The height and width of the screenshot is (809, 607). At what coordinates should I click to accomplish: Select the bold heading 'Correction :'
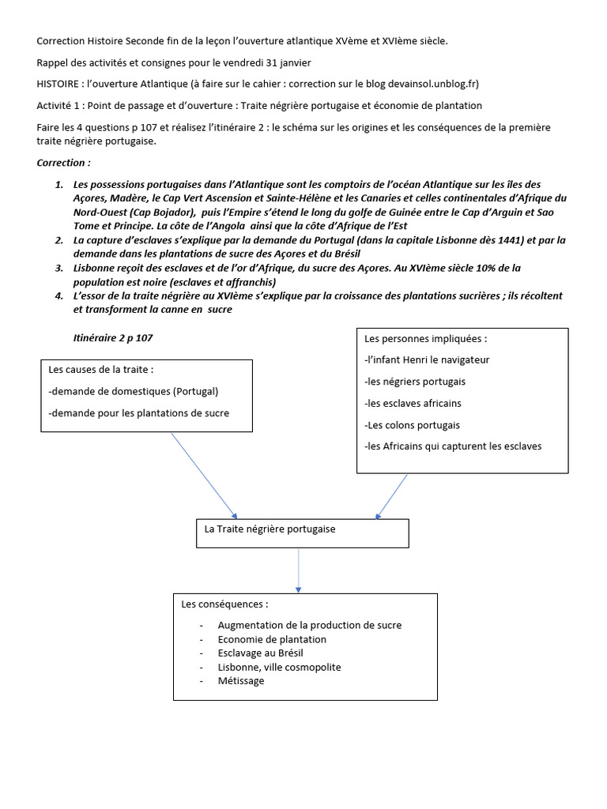click(63, 163)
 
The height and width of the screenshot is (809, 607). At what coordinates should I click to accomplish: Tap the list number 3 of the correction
click(58, 268)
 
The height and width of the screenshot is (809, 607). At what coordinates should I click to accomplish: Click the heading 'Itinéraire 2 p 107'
click(112, 337)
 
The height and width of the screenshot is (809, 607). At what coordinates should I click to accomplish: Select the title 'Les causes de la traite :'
click(100, 369)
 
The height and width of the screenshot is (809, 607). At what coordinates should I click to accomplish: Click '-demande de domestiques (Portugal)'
click(133, 391)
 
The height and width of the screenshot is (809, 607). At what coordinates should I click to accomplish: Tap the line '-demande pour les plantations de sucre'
click(138, 413)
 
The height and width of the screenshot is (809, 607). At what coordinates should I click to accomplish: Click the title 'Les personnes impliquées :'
click(426, 338)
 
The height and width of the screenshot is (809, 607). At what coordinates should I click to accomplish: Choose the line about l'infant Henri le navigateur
click(427, 359)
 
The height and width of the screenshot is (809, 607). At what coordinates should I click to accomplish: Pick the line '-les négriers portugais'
click(415, 382)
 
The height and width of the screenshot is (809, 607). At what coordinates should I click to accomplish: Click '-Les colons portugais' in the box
click(412, 425)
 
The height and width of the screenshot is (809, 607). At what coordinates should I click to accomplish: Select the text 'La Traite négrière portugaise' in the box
click(270, 529)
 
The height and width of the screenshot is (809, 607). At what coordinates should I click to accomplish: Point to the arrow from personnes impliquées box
click(391, 496)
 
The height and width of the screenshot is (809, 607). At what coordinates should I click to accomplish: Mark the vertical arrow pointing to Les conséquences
click(299, 570)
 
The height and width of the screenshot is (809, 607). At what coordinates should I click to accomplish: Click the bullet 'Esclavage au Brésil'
click(260, 653)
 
